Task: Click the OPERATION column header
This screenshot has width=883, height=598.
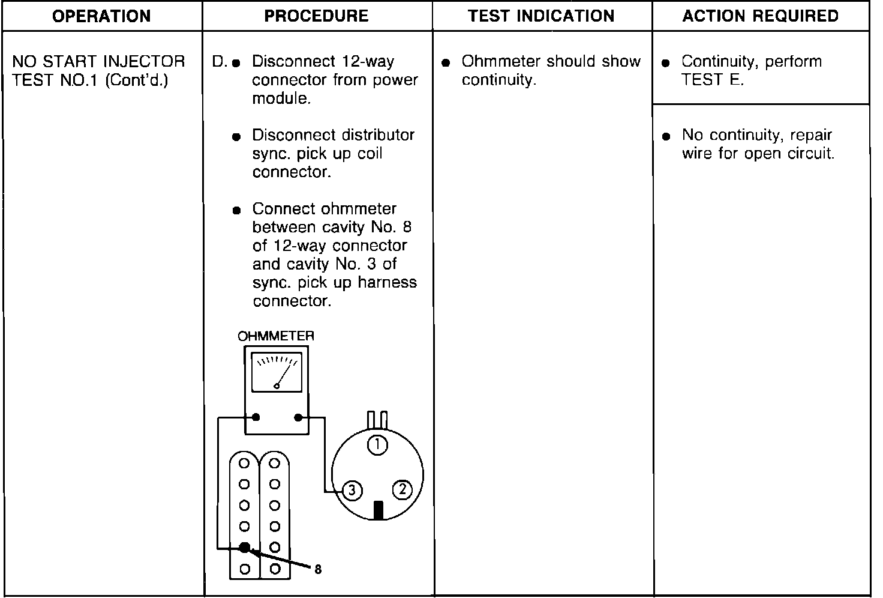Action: click(x=101, y=16)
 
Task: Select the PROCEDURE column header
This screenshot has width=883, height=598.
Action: click(x=316, y=16)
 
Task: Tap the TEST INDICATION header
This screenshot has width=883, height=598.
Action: click(x=541, y=16)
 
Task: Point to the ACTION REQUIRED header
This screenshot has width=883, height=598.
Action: click(x=760, y=16)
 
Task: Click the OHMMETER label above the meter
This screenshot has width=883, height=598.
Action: click(x=275, y=336)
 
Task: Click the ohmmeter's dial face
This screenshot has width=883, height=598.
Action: click(x=277, y=372)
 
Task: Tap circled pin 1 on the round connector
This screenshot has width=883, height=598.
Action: click(x=377, y=445)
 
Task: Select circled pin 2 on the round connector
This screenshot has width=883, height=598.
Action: click(x=402, y=490)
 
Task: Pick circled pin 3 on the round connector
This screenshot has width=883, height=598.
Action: click(x=352, y=491)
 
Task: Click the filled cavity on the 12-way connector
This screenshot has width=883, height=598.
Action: click(x=245, y=547)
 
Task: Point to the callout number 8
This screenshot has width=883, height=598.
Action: click(x=318, y=569)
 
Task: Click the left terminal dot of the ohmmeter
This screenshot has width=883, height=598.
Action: click(x=256, y=417)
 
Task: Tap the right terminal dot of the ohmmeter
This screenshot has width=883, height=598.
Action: click(x=298, y=417)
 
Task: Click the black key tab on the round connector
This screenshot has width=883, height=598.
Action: click(x=378, y=510)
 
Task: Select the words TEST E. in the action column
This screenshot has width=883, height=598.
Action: click(x=712, y=80)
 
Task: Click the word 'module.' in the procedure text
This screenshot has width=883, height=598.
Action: click(x=281, y=98)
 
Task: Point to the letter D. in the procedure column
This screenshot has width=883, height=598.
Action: click(x=220, y=62)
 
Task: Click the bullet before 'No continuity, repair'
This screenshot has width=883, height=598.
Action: click(x=665, y=137)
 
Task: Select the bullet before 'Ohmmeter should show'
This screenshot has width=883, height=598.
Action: click(x=445, y=62)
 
